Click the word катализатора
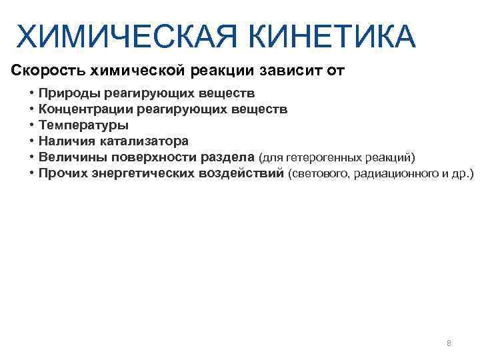[145, 141]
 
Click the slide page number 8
[449, 343]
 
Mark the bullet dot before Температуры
[31, 125]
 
